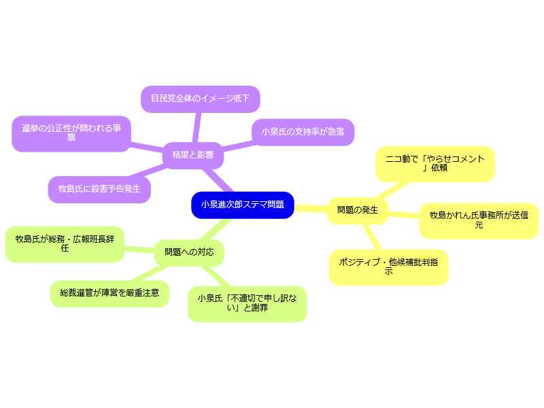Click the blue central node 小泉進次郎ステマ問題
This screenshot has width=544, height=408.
pyautogui.click(x=243, y=205)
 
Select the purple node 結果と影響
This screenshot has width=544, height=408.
pyautogui.click(x=193, y=155)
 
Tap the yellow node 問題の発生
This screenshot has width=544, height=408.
pyautogui.click(x=358, y=210)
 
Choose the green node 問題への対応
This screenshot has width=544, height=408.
pyautogui.click(x=189, y=252)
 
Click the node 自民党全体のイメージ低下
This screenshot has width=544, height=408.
pyautogui.click(x=201, y=99)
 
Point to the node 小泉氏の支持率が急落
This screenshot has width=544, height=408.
pyautogui.click(x=303, y=132)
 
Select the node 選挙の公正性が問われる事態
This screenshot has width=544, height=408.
pyautogui.click(x=71, y=133)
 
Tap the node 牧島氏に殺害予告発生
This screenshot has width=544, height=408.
pyautogui.click(x=99, y=189)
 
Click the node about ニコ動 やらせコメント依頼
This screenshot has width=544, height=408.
pyautogui.click(x=435, y=164)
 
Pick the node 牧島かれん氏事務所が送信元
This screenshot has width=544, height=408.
pyautogui.click(x=479, y=220)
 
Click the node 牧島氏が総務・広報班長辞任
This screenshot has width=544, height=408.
pyautogui.click(x=65, y=243)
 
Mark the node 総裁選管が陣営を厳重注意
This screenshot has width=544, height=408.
pyautogui.click(x=109, y=293)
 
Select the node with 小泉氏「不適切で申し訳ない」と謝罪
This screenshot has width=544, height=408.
pyautogui.click(x=247, y=303)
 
